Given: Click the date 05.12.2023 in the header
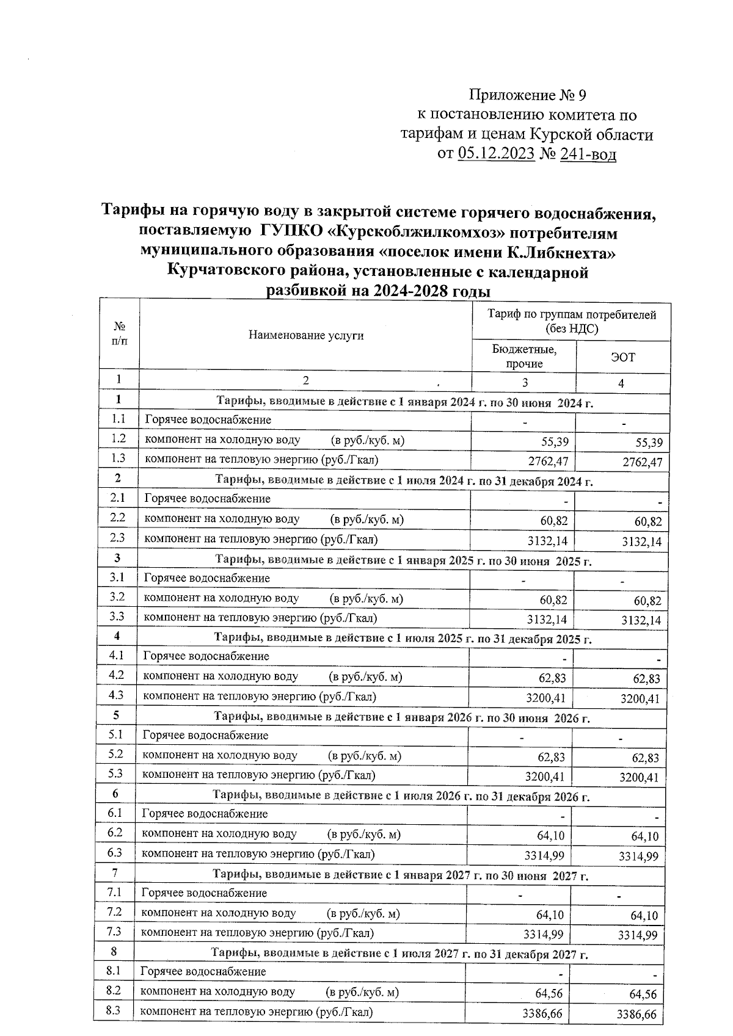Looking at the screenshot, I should click(496, 154).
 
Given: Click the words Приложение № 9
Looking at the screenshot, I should click(527, 95).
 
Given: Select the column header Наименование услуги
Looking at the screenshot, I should click(306, 335).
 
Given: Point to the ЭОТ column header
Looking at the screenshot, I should click(622, 357).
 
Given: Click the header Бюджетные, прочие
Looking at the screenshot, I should click(525, 357).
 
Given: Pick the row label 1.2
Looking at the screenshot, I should click(119, 438).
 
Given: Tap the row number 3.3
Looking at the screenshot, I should click(117, 617).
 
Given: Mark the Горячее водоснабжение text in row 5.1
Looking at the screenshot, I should click(205, 736).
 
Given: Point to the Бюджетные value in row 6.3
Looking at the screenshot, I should click(544, 855).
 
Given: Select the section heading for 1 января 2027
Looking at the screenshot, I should click(400, 876).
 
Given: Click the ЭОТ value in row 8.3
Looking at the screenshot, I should click(636, 1015).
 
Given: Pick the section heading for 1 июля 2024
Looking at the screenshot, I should click(404, 480).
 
